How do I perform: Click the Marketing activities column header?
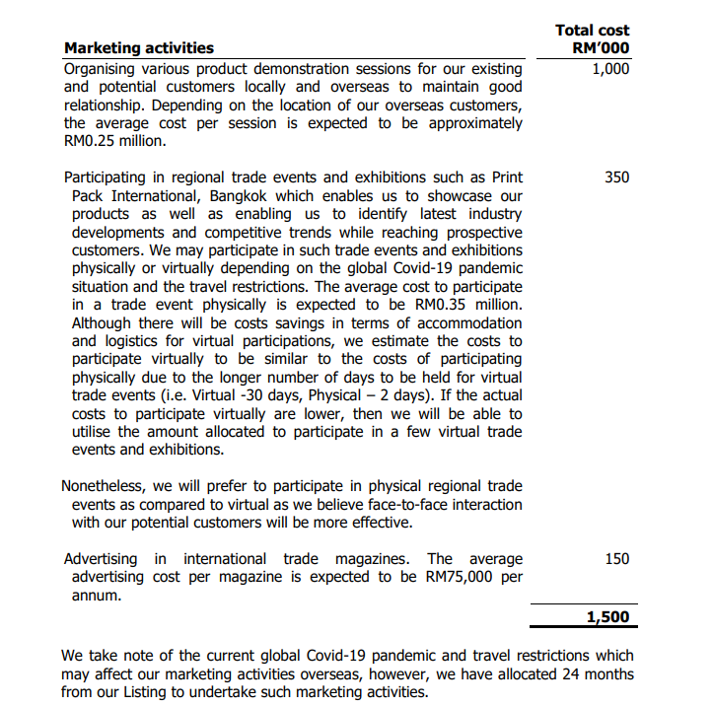tap(138, 47)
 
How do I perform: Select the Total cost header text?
tap(592, 30)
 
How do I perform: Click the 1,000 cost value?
tap(610, 69)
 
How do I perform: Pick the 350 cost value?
tap(616, 177)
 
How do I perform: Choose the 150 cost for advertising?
tap(616, 559)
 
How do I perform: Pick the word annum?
tap(96, 596)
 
